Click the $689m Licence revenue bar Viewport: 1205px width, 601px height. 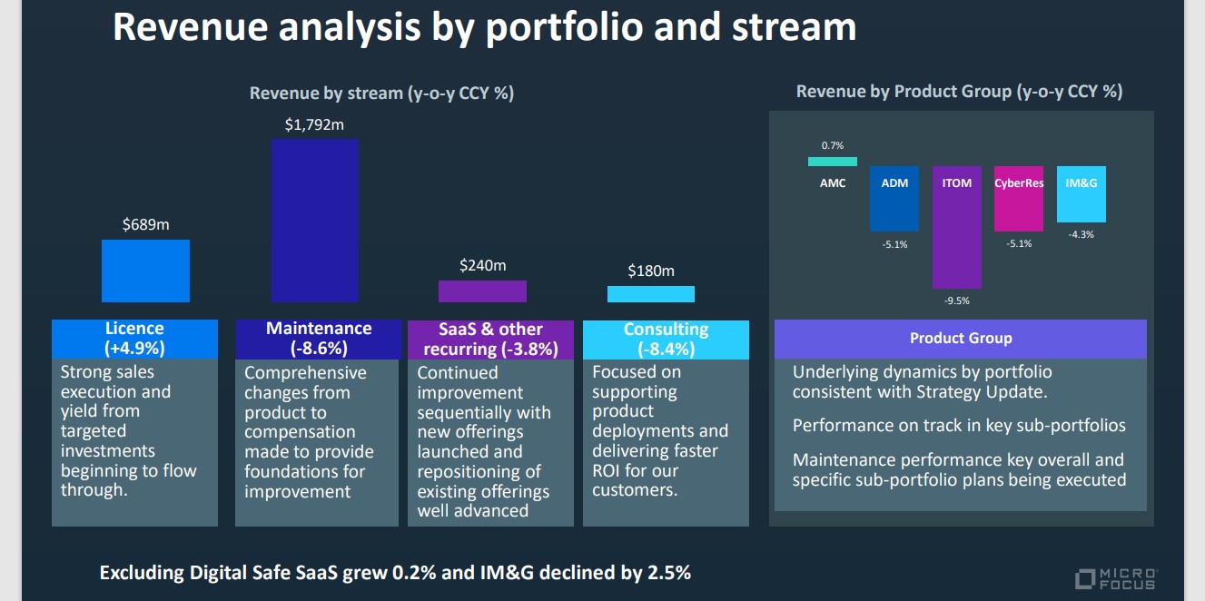tap(145, 271)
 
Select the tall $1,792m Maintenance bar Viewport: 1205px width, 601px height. tap(315, 221)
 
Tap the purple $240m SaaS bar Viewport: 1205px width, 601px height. tap(482, 291)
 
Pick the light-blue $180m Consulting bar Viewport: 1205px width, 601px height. tap(651, 294)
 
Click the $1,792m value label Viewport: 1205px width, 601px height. tap(314, 124)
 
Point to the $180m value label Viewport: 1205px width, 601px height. tap(651, 271)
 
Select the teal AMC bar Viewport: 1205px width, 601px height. tap(832, 162)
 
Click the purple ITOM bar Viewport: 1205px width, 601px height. tap(957, 227)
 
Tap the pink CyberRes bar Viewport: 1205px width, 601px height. tap(1019, 199)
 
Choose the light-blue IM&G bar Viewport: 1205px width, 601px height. tap(1082, 194)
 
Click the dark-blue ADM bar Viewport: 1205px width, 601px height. tap(894, 199)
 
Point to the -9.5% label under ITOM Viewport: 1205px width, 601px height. tap(957, 300)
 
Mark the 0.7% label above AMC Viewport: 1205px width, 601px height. tap(832, 146)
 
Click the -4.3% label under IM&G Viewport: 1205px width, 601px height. tap(1082, 234)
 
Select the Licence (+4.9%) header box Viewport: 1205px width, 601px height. tap(134, 339)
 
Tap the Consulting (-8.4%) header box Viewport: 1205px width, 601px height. tap(666, 340)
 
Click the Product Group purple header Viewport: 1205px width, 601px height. tap(961, 339)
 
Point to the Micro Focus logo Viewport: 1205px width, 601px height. tap(1116, 579)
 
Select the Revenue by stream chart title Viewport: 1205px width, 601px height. tap(381, 94)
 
